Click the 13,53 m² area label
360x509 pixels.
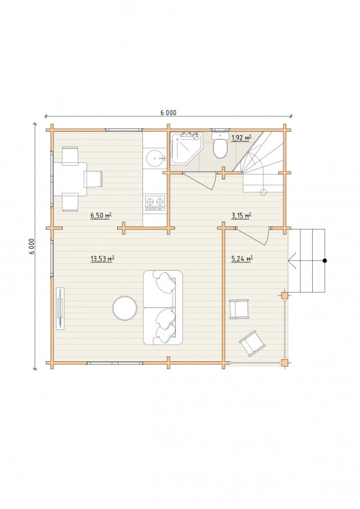coord(102,258)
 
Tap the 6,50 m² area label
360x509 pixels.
coord(101,215)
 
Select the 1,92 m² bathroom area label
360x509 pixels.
coord(242,138)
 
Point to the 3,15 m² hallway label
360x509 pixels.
coord(241,215)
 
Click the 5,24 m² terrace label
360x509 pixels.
coord(242,258)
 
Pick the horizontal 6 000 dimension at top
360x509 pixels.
coord(168,112)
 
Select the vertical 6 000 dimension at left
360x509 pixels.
coord(32,246)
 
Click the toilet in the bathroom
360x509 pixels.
coord(220,145)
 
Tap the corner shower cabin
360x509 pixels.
coord(186,147)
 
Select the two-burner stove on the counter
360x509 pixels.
coord(155,204)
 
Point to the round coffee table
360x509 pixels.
coord(124,308)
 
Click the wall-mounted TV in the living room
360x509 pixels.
coord(60,308)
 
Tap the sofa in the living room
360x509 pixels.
coord(162,307)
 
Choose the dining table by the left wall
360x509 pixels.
coord(70,179)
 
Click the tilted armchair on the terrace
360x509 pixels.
coord(252,343)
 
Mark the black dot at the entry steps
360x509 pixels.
coord(325,260)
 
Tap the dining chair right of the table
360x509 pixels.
coord(93,179)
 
